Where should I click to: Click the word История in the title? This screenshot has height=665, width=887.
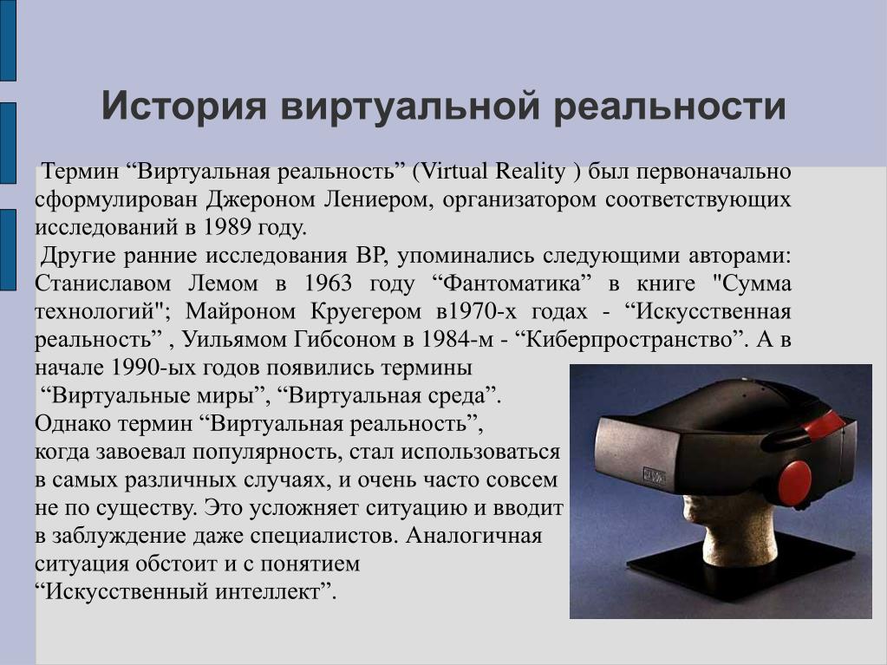tap(183, 106)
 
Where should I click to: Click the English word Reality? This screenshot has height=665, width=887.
tap(530, 172)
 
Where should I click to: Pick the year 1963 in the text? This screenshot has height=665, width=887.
tap(328, 283)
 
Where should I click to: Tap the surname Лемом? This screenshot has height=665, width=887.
tap(223, 284)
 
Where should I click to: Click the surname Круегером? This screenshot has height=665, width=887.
tap(365, 311)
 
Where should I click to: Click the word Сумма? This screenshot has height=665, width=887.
tap(756, 284)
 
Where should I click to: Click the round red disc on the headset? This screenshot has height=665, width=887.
tap(795, 482)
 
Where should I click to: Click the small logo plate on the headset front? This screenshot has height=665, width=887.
tap(655, 477)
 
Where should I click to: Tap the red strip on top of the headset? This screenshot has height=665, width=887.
tap(825, 425)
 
